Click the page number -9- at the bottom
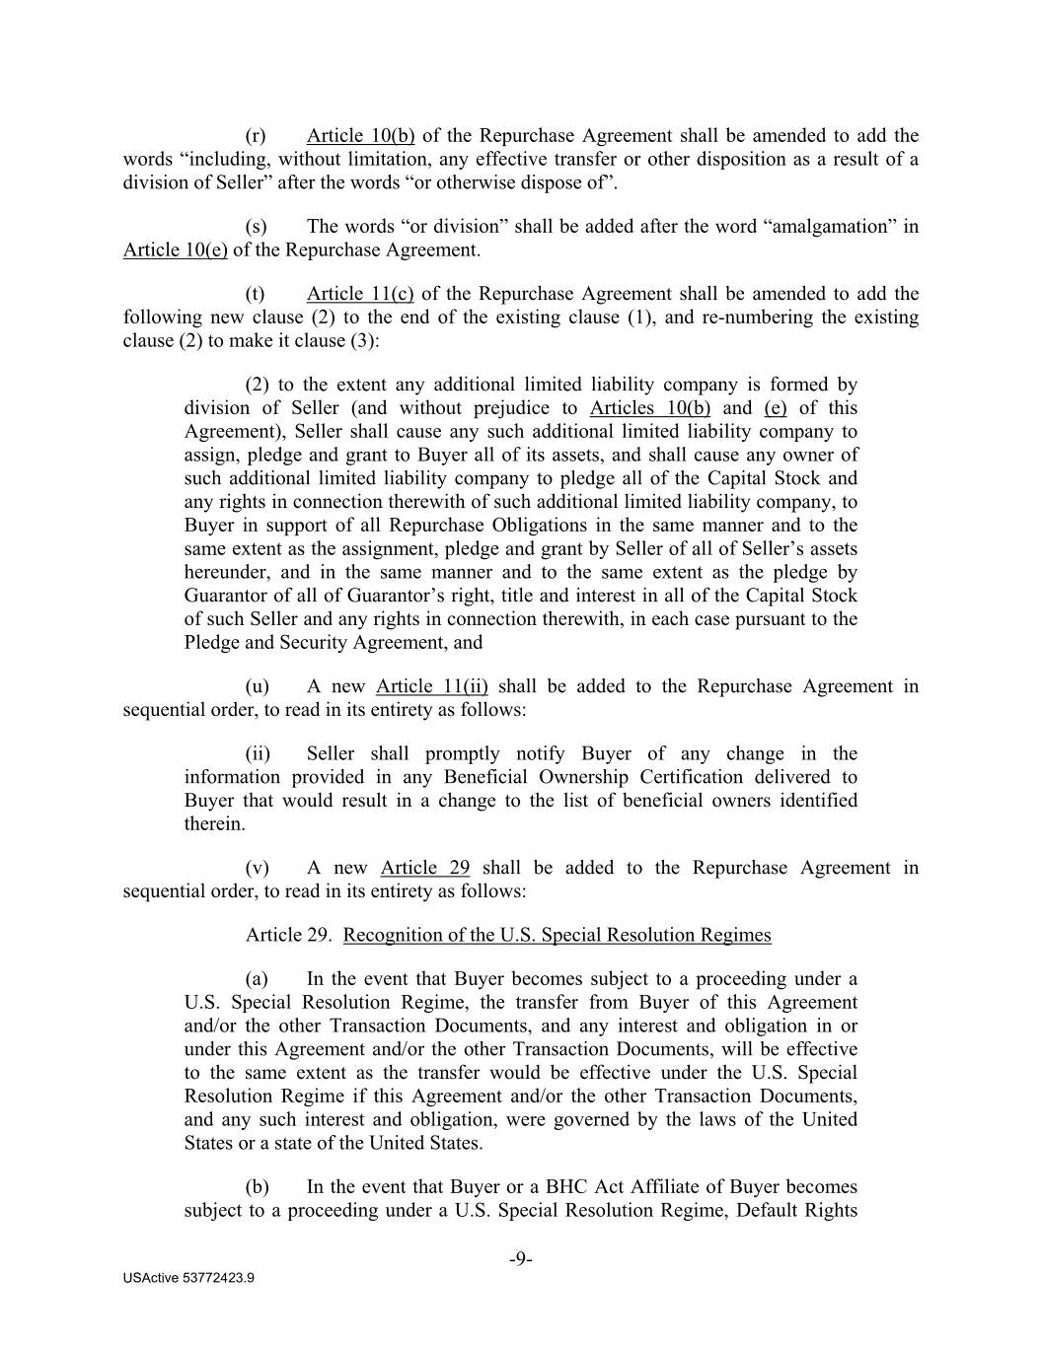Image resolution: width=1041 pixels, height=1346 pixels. pos(521,1259)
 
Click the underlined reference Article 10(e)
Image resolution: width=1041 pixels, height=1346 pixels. pos(175,250)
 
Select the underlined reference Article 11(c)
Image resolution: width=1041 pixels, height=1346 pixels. pos(360,294)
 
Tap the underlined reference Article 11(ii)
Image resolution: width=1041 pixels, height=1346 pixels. pos(431,686)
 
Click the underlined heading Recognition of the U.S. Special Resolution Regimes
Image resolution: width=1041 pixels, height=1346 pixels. pos(557,935)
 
